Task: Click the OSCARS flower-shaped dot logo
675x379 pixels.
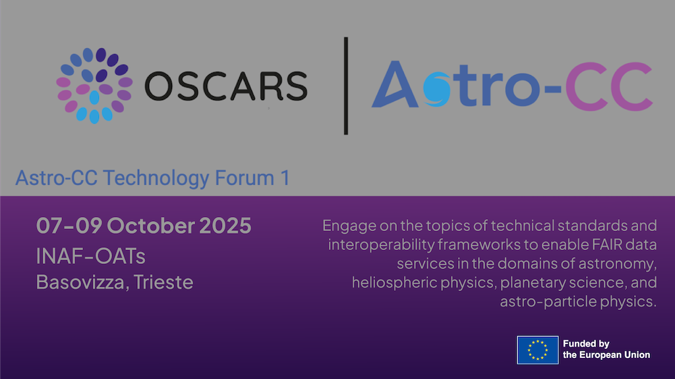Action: [x=94, y=85]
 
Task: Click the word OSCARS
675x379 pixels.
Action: [x=225, y=85]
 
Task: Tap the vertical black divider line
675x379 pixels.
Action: [x=346, y=86]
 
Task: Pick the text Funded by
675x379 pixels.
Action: [x=586, y=343]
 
